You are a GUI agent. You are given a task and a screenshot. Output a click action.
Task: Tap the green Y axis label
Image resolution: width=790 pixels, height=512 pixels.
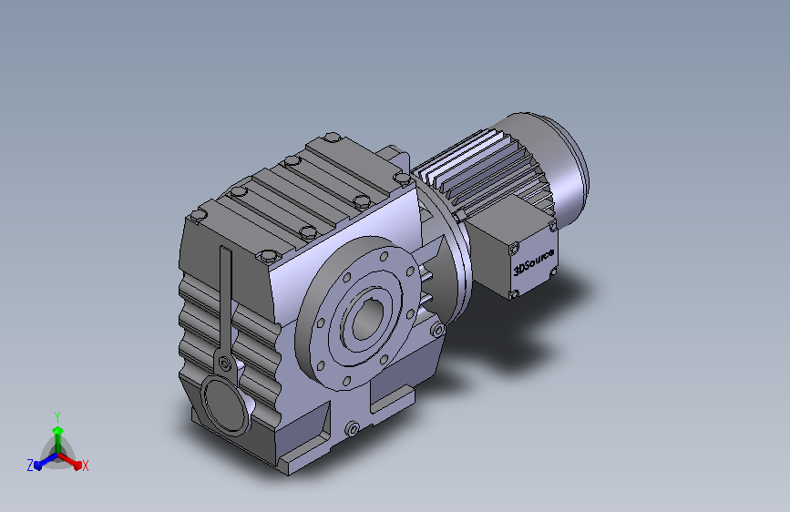[x=56, y=415]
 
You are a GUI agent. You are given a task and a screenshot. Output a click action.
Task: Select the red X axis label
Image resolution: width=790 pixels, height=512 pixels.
[x=86, y=466]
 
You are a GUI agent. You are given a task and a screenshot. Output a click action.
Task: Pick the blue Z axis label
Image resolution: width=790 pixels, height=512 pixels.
[x=30, y=466]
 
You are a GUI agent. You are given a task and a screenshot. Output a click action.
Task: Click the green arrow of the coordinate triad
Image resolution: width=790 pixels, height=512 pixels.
[x=57, y=432]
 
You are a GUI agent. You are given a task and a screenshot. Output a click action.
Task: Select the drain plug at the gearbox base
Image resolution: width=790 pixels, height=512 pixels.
[x=353, y=427]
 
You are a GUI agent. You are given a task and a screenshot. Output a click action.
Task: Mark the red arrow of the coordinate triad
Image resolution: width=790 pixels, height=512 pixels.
[x=73, y=459]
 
